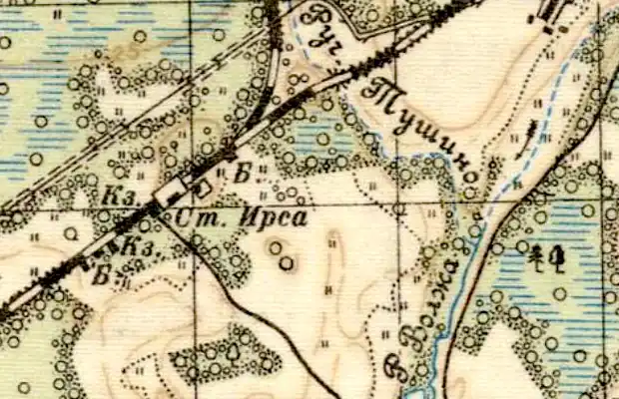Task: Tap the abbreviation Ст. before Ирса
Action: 196,216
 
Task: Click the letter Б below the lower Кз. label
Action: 100,276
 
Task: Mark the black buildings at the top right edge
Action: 550,16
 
